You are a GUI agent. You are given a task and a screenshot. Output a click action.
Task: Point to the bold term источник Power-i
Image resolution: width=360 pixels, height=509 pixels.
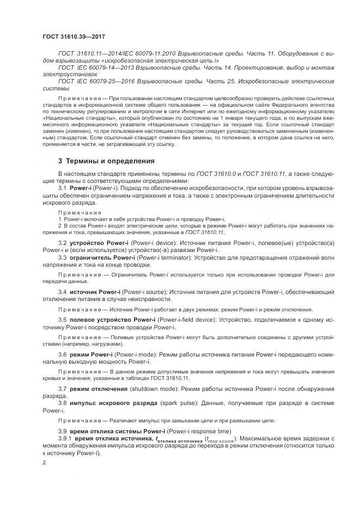pos(91,292)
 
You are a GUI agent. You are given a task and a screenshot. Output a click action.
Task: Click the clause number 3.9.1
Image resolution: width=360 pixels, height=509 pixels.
pos(65,438)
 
